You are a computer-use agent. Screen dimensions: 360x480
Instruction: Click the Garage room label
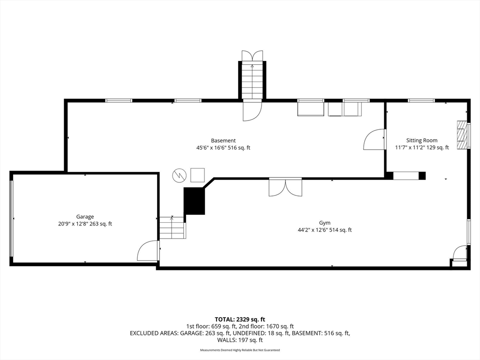click(85, 217)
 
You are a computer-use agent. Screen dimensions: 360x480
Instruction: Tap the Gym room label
click(325, 223)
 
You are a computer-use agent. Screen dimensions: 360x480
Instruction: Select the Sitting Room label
click(421, 140)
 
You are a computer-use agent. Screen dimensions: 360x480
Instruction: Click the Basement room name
click(223, 141)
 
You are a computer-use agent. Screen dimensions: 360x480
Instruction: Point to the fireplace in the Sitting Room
click(463, 135)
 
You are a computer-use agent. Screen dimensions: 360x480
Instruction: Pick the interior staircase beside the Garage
click(172, 228)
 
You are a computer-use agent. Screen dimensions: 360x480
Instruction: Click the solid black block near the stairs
click(194, 201)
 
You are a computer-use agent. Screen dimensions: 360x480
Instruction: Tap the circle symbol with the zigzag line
click(179, 175)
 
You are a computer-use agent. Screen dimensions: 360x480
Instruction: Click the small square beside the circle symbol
click(197, 175)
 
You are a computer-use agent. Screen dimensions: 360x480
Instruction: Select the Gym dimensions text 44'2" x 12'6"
click(325, 230)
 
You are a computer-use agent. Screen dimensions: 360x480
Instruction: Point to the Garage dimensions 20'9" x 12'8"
click(85, 224)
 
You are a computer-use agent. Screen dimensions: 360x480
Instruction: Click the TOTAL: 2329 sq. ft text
click(240, 319)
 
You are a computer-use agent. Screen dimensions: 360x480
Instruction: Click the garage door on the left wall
click(12, 218)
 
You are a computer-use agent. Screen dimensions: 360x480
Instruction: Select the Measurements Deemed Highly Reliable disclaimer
click(240, 350)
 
